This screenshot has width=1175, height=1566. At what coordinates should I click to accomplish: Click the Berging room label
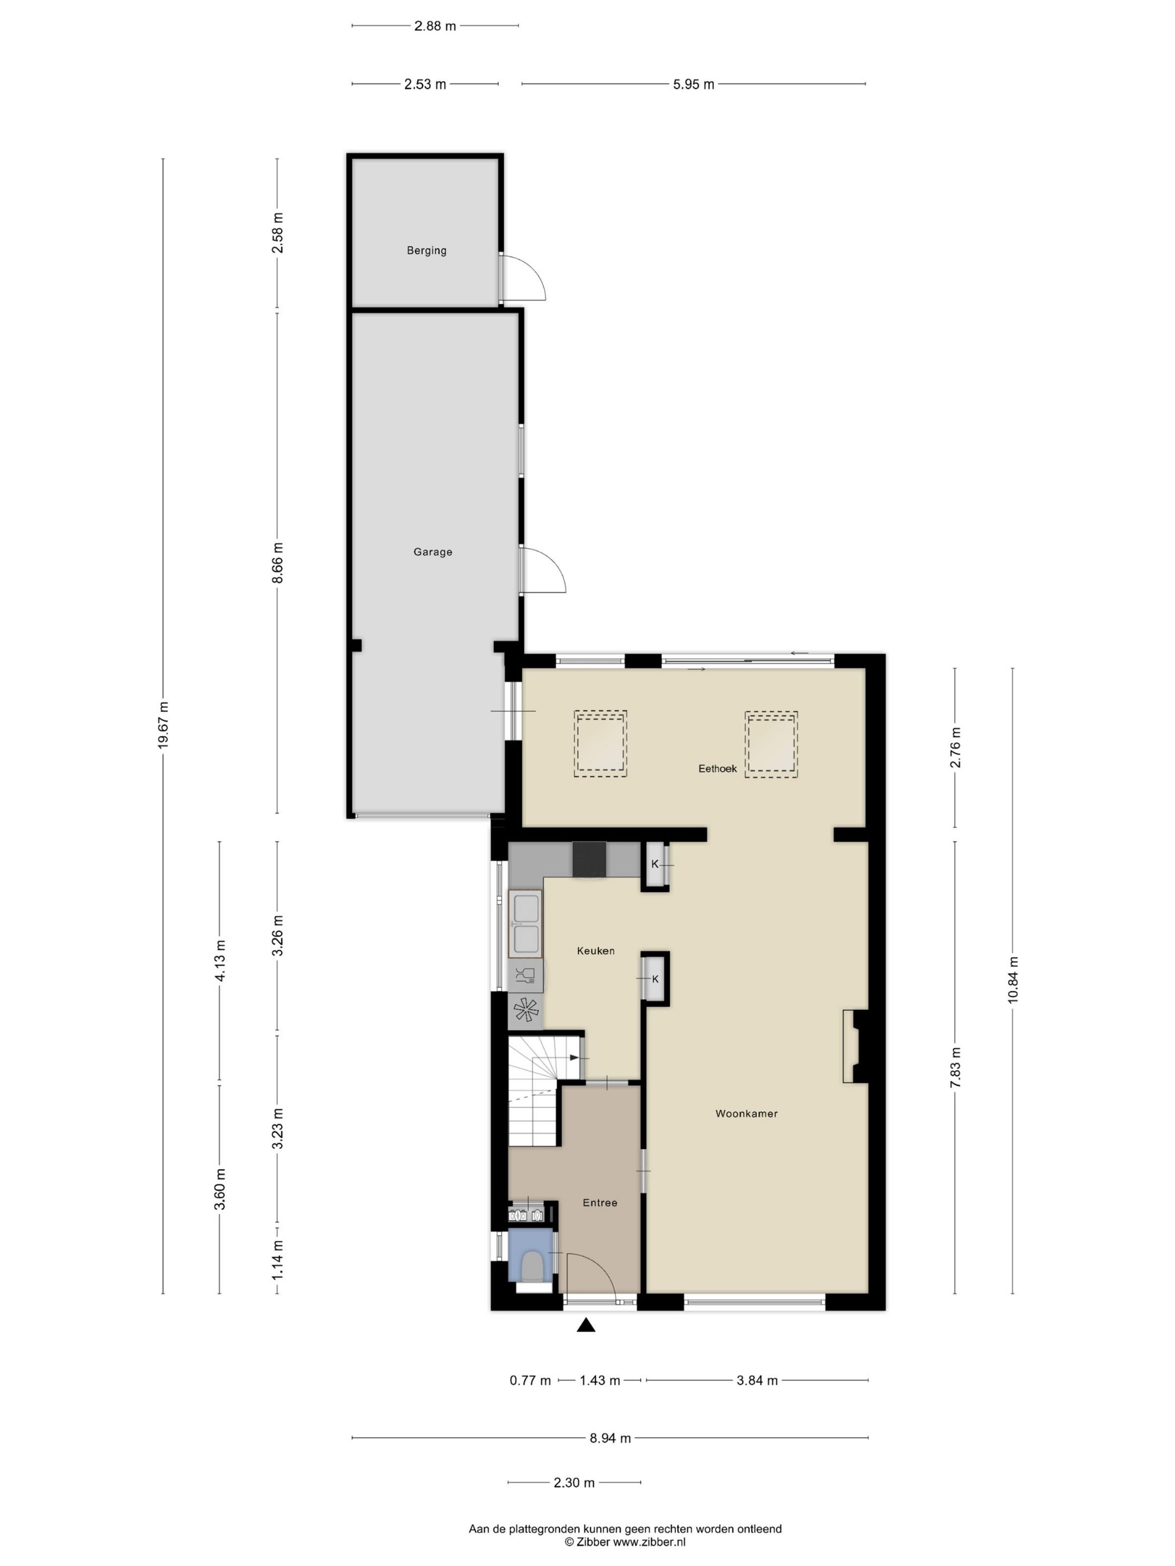[426, 250]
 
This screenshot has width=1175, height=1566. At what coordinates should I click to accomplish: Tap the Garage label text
[433, 551]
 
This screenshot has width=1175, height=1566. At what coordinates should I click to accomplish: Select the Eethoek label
[718, 768]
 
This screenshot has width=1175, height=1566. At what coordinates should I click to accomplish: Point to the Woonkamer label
[746, 1114]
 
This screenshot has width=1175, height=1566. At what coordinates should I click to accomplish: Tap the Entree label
[600, 1203]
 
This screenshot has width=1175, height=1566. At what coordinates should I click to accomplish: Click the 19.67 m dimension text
[164, 725]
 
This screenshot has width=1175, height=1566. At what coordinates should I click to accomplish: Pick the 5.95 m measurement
[694, 84]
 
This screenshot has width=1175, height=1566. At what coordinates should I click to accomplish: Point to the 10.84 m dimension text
[1013, 980]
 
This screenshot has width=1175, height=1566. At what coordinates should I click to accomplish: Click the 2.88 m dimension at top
[435, 26]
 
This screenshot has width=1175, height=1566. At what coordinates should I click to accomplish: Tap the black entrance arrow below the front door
[586, 1325]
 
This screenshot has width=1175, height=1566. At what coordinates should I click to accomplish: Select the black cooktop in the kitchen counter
[589, 860]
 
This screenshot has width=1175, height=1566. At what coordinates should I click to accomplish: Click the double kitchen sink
[525, 924]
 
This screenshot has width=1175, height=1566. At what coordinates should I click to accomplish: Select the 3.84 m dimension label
[757, 1380]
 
